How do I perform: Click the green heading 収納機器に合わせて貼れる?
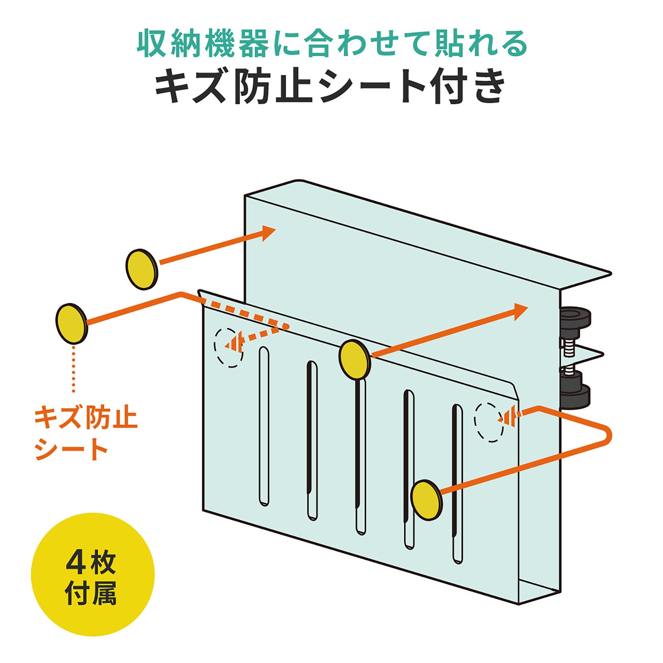[x=331, y=44]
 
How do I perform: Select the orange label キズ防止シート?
[x=85, y=433]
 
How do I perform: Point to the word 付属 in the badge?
[x=91, y=593]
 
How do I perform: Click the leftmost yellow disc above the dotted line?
[x=72, y=324]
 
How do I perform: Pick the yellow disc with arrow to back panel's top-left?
[x=142, y=269]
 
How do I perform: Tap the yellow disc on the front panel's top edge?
[x=354, y=359]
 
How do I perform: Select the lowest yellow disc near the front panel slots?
[x=426, y=500]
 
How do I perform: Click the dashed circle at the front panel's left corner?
[x=228, y=347]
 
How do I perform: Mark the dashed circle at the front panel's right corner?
[x=489, y=422]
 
